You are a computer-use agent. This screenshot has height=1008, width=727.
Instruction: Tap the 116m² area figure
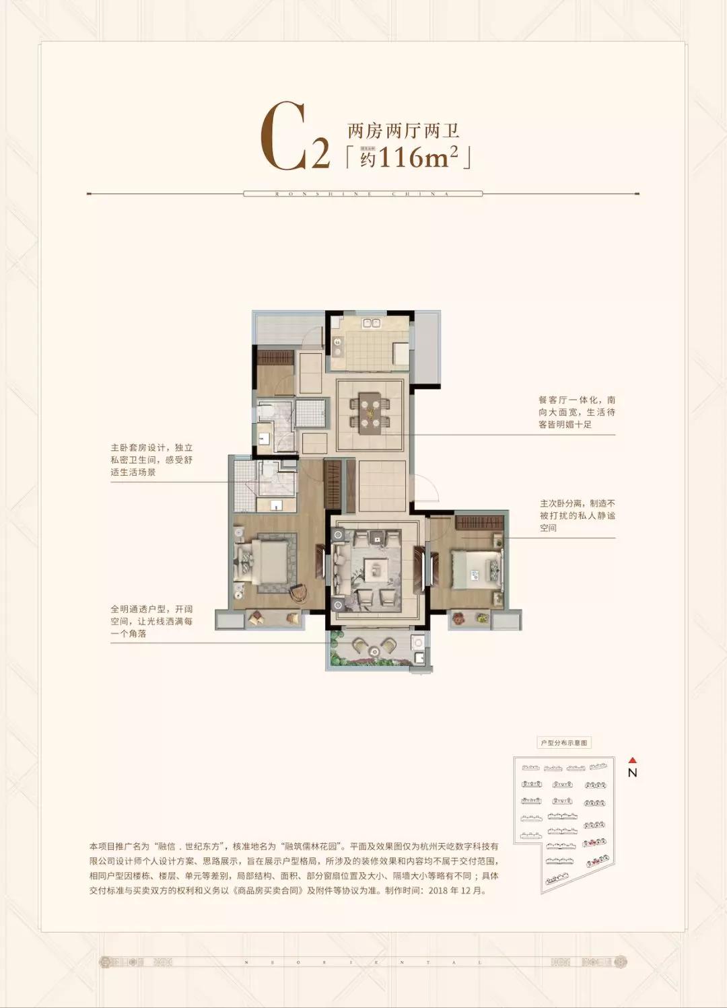coord(418,157)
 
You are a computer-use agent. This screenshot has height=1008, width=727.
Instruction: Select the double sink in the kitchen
coord(372,324)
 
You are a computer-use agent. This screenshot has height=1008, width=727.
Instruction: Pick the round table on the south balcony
coord(373,647)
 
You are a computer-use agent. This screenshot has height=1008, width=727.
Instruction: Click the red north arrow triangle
coord(632,760)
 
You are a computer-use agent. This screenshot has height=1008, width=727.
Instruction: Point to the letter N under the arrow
coord(632,773)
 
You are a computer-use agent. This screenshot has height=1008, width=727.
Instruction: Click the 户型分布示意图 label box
coord(564,743)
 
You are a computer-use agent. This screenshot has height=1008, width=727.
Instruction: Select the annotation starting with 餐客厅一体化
coord(577,412)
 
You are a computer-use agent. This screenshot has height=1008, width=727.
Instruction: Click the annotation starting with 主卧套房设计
coord(151,460)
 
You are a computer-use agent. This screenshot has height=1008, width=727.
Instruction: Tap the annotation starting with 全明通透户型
coord(151,621)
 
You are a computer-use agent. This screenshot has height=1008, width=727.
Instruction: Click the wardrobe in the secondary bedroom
coord(479,521)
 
